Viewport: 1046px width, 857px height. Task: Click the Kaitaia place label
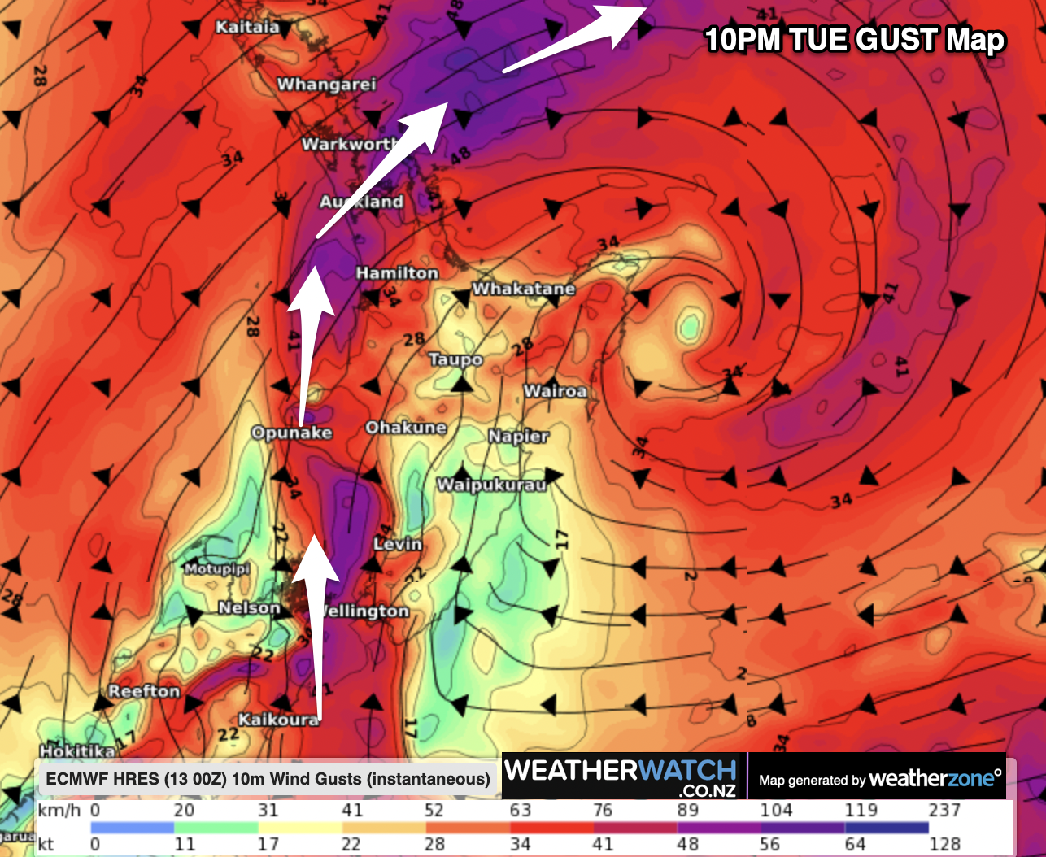click(247, 27)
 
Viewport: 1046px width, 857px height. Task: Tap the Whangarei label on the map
click(326, 85)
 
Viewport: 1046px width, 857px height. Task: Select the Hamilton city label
click(397, 273)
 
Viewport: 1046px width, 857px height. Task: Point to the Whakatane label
click(524, 289)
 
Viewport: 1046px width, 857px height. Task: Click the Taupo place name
click(455, 359)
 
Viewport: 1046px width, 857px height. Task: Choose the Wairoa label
click(555, 391)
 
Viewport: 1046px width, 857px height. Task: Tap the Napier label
click(518, 437)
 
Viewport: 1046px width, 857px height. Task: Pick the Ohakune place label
click(406, 428)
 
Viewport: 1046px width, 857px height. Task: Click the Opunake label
click(291, 433)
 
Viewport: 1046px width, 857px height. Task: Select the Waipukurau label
click(491, 485)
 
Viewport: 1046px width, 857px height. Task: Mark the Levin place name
click(398, 544)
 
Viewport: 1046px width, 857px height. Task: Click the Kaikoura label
click(278, 720)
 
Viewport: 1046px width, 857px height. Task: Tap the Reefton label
click(144, 691)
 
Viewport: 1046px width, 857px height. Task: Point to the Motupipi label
click(216, 569)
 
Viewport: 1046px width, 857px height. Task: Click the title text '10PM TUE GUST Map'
click(855, 39)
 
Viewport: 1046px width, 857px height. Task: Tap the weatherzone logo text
click(935, 779)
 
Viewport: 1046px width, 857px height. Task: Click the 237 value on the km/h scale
click(944, 810)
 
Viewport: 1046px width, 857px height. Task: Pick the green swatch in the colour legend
click(216, 827)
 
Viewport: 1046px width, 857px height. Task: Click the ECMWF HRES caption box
click(268, 779)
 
